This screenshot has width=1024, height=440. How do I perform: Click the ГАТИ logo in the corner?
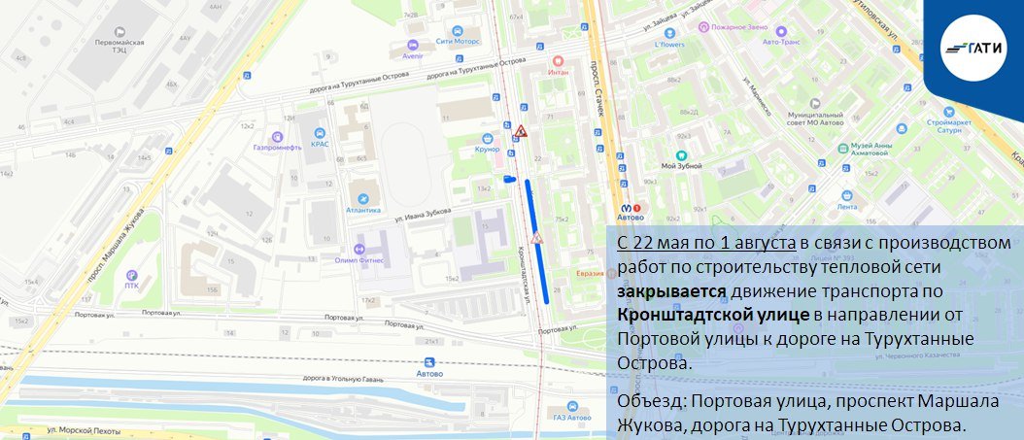[971, 47]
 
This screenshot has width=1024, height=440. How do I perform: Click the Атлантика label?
[362, 210]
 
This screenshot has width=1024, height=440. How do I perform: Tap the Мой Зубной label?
[681, 166]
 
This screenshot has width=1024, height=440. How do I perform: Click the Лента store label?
[847, 206]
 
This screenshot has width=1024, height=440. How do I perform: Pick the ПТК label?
[131, 285]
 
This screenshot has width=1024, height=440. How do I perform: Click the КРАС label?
[320, 144]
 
